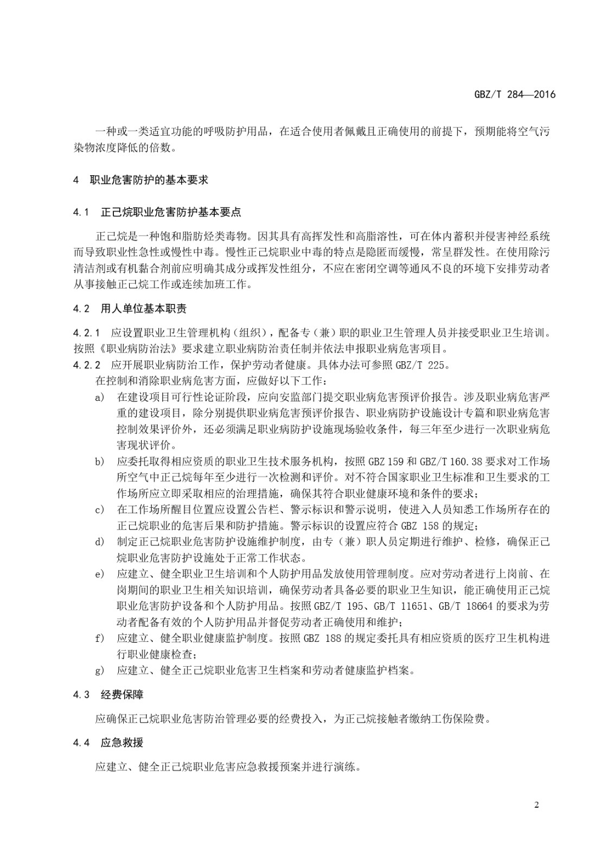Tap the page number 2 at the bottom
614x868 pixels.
pos(536,805)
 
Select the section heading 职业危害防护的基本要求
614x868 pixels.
pos(149,180)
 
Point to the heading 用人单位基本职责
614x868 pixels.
pos(144,309)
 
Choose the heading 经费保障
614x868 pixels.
pos(122,695)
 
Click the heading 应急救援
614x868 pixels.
pos(122,743)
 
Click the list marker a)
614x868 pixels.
pos(99,398)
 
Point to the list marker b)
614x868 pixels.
pos(99,462)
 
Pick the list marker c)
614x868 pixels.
pos(99,509)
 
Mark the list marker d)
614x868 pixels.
pos(99,541)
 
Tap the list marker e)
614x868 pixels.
pos(99,574)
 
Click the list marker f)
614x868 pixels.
pos(99,638)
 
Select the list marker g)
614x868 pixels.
pos(99,671)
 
